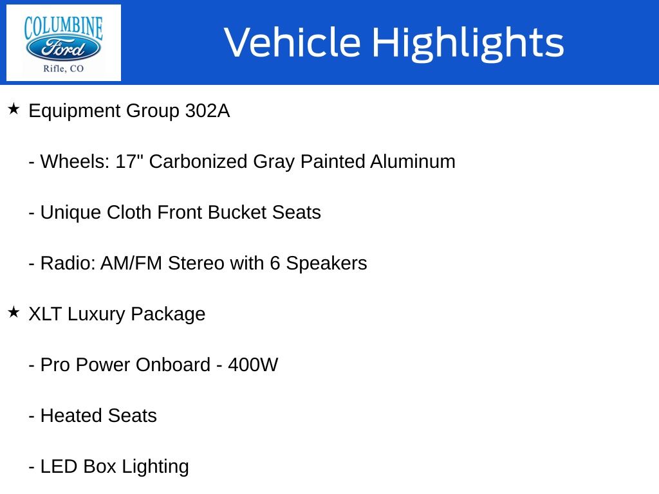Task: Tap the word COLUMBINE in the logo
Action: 64,27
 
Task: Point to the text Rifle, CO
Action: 64,68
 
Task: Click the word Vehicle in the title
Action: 293,42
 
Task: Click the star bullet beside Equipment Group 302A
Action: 14,109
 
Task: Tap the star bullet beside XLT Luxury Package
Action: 14,312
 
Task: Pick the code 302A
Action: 208,111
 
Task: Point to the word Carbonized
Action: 198,161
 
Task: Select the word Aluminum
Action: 413,161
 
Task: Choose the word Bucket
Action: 237,212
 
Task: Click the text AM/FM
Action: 131,263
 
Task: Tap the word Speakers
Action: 326,264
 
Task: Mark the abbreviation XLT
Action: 46,314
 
